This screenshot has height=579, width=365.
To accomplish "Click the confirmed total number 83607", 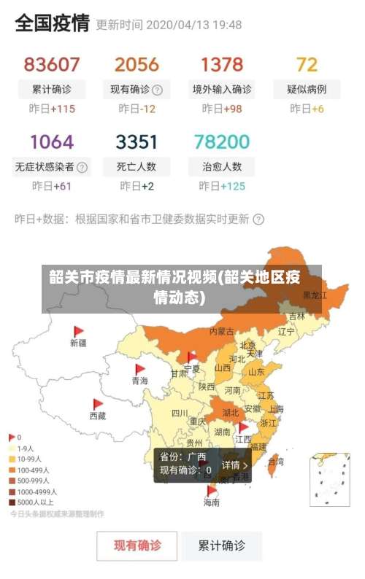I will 52,64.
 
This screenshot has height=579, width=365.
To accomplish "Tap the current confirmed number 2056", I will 137,64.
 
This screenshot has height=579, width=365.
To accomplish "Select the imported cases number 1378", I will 222,64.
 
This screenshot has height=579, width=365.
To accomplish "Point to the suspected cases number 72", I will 307,64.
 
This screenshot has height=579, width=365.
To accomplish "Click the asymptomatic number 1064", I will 52,141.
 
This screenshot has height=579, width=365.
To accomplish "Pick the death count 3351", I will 137,141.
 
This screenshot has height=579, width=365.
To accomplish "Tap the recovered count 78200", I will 222,141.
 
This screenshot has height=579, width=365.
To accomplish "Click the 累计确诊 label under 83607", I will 52,90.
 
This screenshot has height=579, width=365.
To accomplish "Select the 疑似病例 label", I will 307,90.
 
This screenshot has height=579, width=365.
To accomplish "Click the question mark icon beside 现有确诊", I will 157,90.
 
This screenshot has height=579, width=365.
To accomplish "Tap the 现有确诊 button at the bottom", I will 137,545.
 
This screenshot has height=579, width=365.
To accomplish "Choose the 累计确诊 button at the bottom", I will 222,545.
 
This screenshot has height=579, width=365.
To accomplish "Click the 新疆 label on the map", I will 78,342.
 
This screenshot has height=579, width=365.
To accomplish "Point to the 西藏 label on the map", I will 97,416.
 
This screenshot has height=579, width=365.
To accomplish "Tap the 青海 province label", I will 139,381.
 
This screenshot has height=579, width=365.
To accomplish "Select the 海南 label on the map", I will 211,502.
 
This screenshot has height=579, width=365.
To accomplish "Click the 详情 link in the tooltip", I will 235,465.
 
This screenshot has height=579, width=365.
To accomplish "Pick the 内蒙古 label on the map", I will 222,331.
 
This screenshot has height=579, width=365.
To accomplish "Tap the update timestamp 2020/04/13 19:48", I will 193,24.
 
